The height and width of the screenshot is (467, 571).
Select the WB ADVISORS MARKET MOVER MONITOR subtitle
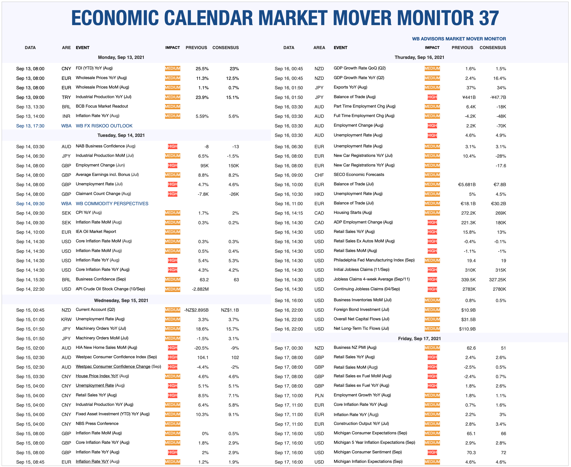click(459, 39)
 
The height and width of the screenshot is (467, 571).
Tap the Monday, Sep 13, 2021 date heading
click(121, 57)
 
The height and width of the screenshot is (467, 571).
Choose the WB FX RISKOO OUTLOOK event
click(104, 126)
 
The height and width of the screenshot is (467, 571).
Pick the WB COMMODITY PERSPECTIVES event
click(112, 204)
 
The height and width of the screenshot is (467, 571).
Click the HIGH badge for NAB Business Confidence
click(172, 146)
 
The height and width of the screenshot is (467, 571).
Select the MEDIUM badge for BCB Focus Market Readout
click(172, 106)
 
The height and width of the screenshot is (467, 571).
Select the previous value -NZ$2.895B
click(196, 310)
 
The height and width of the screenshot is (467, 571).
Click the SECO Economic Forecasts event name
click(359, 175)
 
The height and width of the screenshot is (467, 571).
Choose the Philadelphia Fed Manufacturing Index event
click(374, 260)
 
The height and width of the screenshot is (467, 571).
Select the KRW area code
click(66, 320)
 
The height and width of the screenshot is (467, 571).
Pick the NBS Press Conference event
click(97, 423)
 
